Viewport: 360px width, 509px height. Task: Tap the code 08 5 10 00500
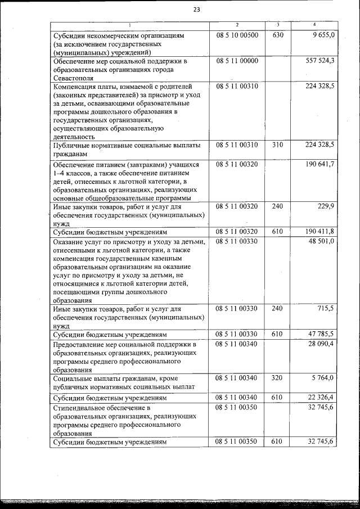point(236,35)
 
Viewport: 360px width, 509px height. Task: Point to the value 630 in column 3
point(278,35)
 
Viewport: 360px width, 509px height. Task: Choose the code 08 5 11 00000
point(236,60)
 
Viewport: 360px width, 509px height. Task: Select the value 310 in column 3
point(278,145)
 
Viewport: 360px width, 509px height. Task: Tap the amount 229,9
point(325,206)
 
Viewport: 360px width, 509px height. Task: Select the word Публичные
point(75,145)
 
